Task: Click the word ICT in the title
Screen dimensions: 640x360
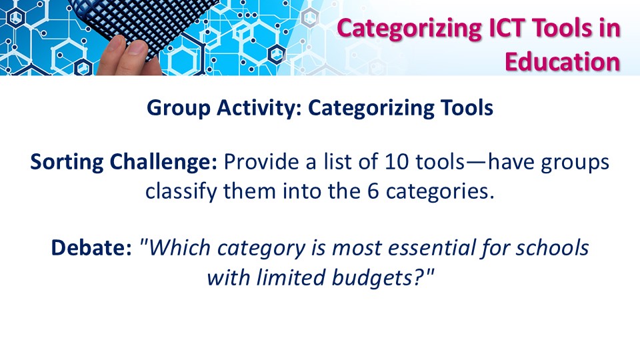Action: coord(512,28)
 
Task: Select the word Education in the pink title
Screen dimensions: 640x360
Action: coord(563,62)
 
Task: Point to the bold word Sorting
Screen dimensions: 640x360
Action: coord(67,163)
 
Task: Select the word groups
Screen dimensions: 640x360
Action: coord(575,163)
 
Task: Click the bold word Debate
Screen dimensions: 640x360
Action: coord(91,248)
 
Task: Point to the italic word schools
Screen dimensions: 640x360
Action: coord(552,248)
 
